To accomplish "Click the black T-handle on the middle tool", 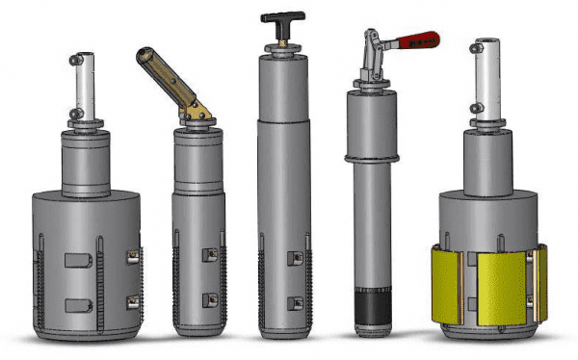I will (x=282, y=17).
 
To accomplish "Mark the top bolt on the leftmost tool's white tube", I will (x=75, y=60).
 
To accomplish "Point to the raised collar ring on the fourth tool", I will (x=374, y=156).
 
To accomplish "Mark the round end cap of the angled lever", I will (x=143, y=55).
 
